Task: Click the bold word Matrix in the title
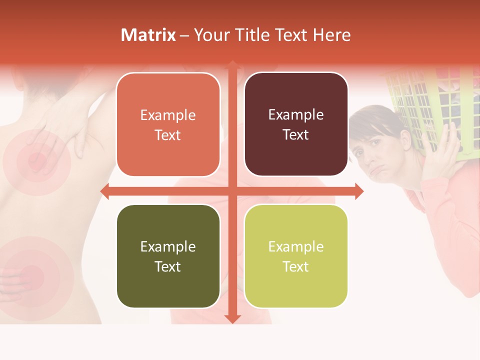click(148, 35)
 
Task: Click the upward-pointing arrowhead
click(232, 65)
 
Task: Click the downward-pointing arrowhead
click(232, 318)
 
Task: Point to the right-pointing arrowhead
click(358, 191)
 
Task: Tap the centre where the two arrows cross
click(232, 191)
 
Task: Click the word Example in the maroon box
click(296, 115)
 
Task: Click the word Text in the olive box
click(168, 267)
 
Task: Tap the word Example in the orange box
click(168, 115)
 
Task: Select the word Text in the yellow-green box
click(296, 267)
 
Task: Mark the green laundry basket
click(425, 105)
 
